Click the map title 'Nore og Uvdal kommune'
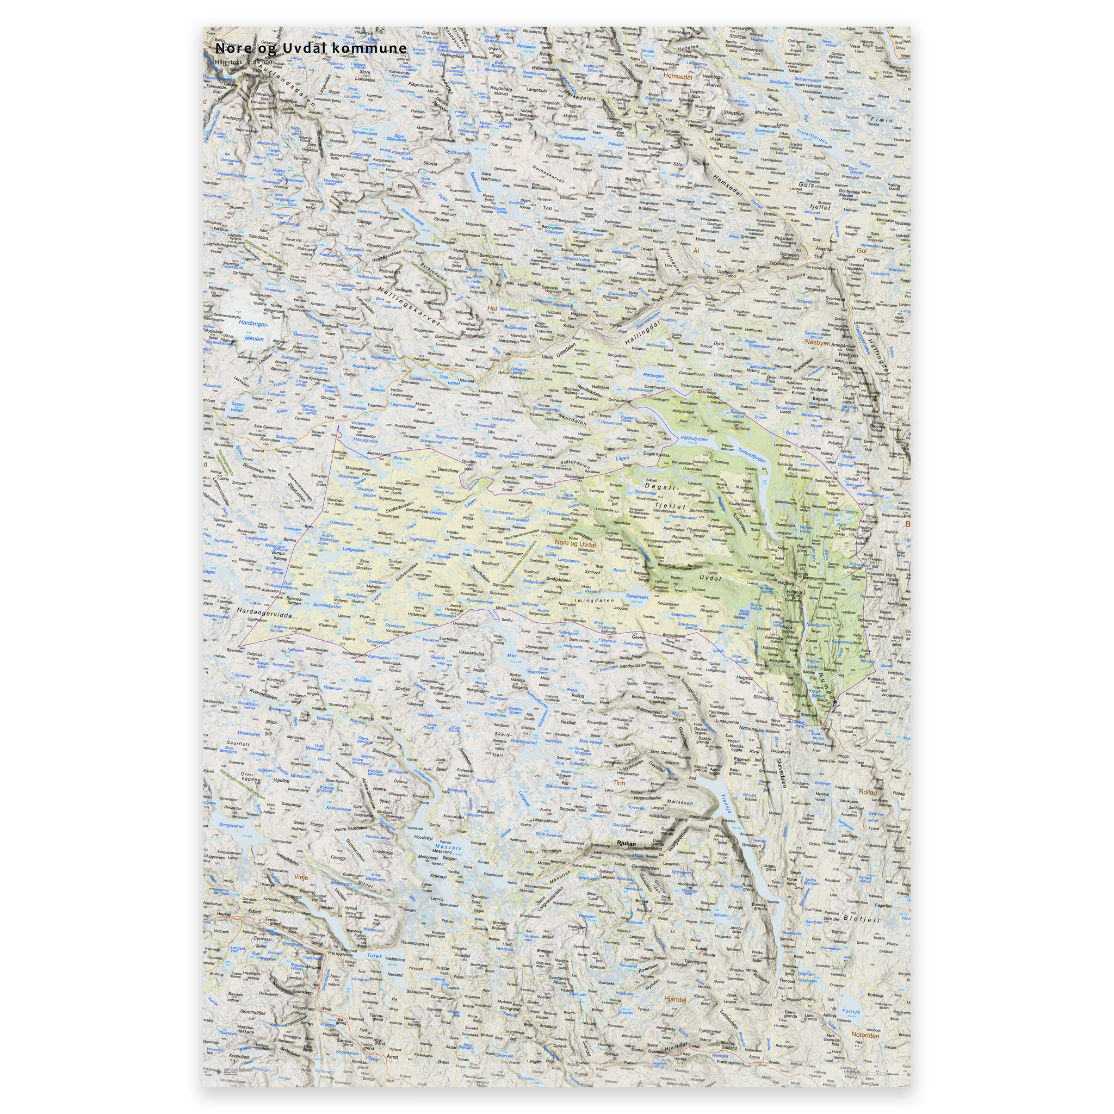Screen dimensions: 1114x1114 [x=310, y=48]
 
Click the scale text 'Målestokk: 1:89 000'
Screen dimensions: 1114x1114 [x=251, y=61]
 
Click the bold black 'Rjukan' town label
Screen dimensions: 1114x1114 [x=626, y=843]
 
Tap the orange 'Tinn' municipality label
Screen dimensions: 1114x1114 [x=618, y=783]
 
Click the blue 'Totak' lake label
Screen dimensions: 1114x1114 [x=375, y=956]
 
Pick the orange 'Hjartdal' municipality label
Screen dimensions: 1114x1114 [x=674, y=1000]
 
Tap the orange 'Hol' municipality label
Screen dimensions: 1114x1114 [x=492, y=308]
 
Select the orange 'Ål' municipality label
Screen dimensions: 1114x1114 [x=696, y=251]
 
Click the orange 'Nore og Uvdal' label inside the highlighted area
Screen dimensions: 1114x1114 [x=575, y=544]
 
